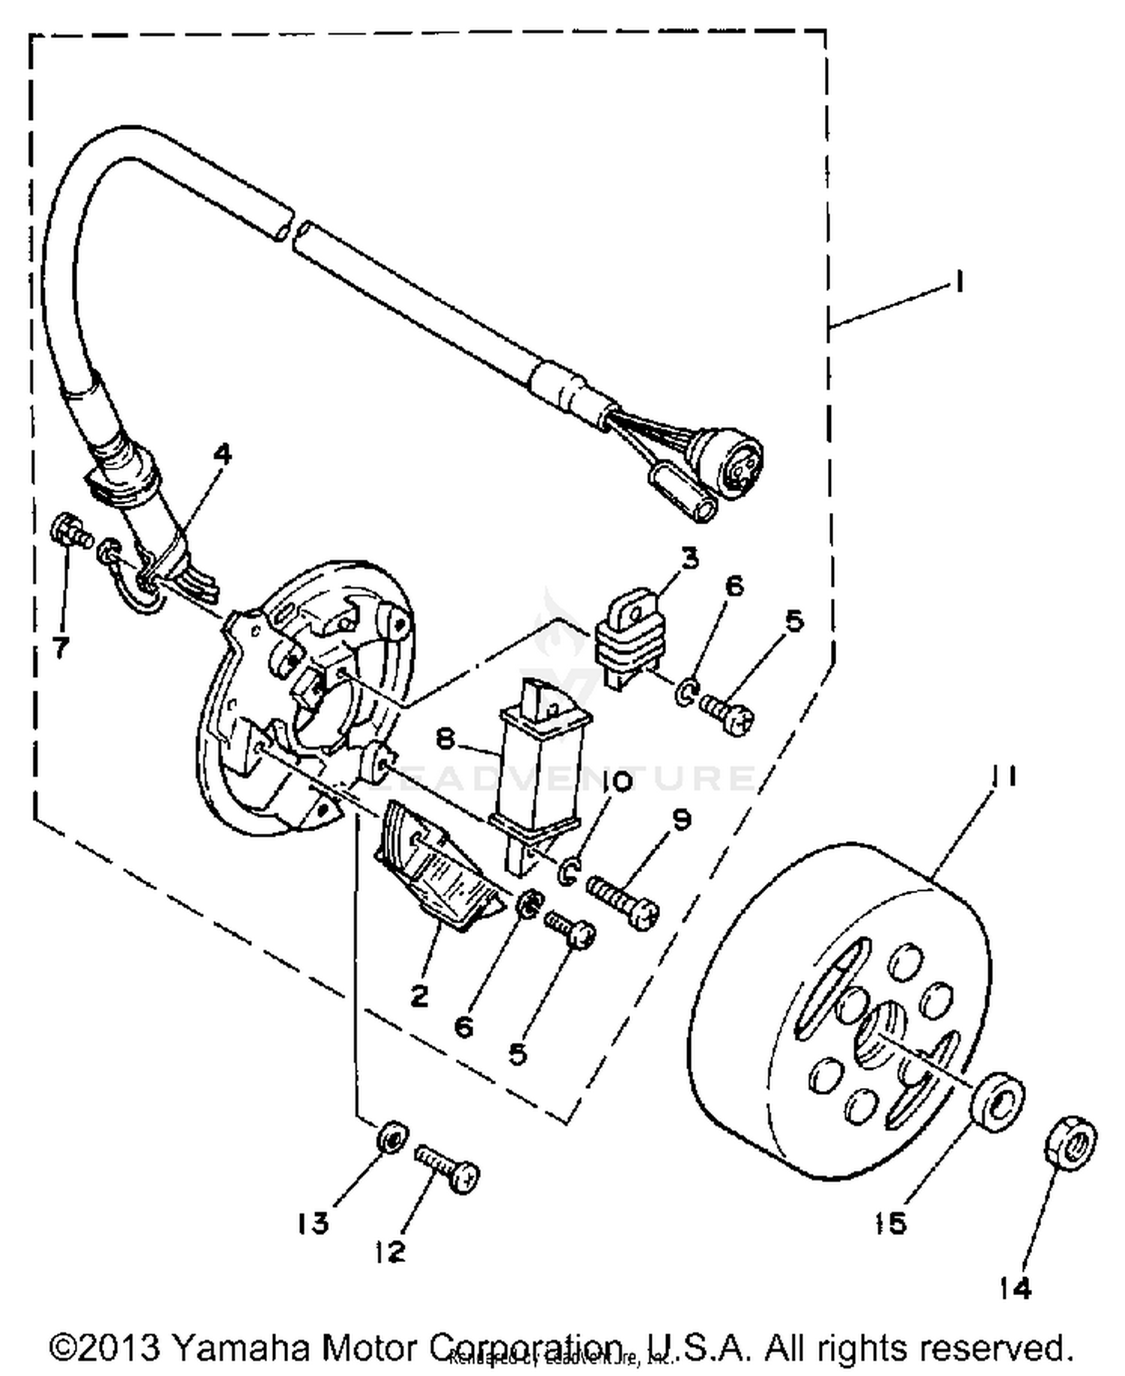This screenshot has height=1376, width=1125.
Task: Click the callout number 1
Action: (x=958, y=283)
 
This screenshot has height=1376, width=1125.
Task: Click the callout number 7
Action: (x=61, y=646)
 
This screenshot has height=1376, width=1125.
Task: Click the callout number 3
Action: (x=689, y=559)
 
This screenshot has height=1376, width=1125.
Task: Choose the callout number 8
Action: (x=445, y=740)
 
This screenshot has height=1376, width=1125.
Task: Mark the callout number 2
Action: (x=418, y=996)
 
